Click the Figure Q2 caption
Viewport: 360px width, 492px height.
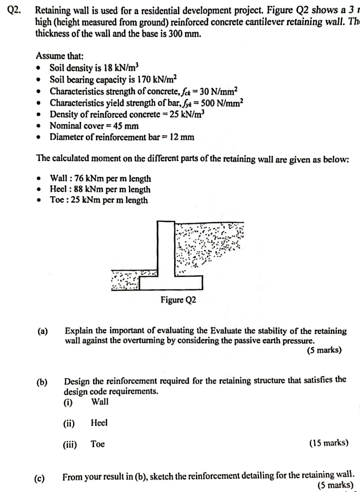178,300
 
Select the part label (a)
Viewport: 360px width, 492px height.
42,331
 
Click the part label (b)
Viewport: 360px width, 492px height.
42,382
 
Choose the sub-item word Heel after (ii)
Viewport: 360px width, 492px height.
99,423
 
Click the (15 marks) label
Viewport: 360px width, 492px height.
328,443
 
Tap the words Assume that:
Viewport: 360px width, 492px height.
60,56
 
